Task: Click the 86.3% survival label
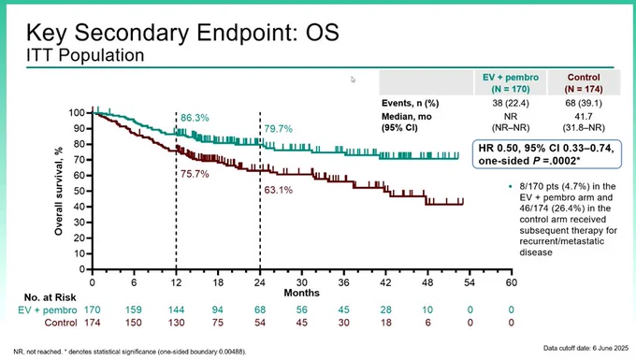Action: [x=195, y=118]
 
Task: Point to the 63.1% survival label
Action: [x=279, y=190]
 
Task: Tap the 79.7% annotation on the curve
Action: [x=279, y=129]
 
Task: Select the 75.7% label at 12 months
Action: [x=195, y=174]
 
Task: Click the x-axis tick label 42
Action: [x=385, y=282]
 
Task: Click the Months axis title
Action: [x=302, y=293]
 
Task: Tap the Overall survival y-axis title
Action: [x=59, y=192]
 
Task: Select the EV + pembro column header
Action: [x=511, y=82]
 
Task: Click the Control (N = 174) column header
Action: [x=584, y=82]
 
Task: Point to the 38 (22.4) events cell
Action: [x=511, y=103]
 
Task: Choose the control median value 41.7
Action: [x=584, y=116]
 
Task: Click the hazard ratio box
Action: [x=547, y=154]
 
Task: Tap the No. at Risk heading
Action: [x=50, y=297]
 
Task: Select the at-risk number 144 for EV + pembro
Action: [x=176, y=310]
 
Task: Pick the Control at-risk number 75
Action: [x=218, y=323]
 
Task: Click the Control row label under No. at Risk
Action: [x=61, y=323]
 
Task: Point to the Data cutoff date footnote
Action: [x=585, y=348]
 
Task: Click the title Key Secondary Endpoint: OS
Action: [x=182, y=33]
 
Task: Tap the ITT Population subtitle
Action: [x=85, y=55]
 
